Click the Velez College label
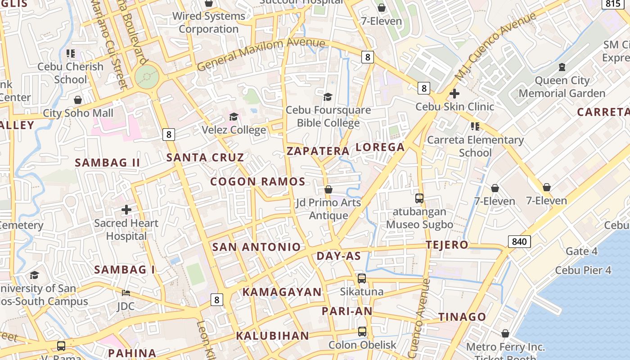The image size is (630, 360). (234, 130)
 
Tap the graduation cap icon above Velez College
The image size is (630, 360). (234, 117)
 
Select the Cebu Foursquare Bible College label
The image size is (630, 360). (328, 116)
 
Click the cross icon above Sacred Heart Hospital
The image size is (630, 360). (126, 209)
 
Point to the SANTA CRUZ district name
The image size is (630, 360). (205, 157)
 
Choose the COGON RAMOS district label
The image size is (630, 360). (258, 182)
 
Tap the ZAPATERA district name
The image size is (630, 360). (318, 151)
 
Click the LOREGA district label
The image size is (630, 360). (380, 147)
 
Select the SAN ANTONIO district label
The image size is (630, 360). (256, 247)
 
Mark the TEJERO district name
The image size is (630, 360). (447, 245)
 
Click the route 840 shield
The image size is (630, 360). (519, 242)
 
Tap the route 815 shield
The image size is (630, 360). (613, 4)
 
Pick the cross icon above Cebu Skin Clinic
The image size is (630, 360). (454, 94)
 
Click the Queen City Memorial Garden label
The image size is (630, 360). (562, 87)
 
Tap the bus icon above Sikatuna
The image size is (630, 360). (362, 278)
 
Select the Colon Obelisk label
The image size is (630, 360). (362, 345)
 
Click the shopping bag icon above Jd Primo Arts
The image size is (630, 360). (328, 189)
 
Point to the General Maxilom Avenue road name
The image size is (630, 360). (261, 53)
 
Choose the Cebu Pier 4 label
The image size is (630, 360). (583, 270)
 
